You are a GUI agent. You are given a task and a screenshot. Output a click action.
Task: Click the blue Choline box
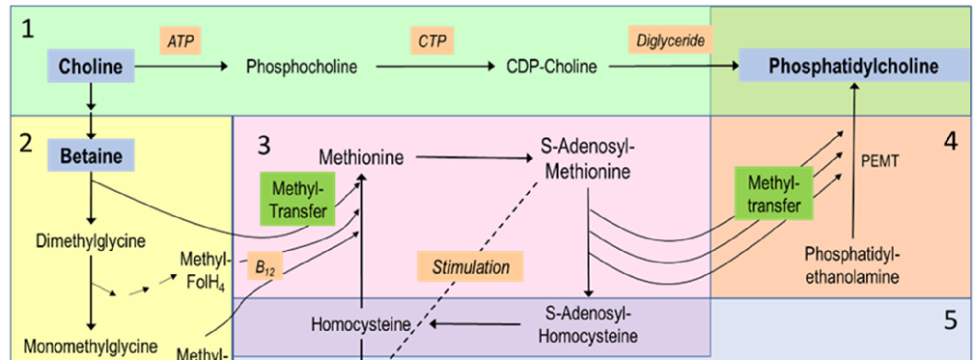coord(91,68)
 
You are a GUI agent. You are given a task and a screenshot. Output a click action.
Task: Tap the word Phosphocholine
coord(301,68)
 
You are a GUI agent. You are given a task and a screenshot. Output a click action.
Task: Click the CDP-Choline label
coord(551,68)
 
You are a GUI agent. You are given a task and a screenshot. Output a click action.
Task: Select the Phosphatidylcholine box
coord(853,67)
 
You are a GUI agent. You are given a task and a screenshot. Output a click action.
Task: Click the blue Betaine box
coord(90,155)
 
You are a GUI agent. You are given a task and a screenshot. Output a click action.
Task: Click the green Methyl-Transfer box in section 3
coord(297,198)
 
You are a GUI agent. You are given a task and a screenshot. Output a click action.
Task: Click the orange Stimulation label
coord(470,266)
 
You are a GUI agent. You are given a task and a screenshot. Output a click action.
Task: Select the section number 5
coord(950,320)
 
